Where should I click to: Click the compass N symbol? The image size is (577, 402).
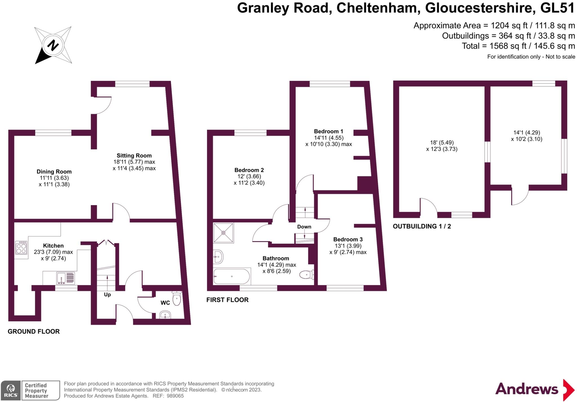point(53,45)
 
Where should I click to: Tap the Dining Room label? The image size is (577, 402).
point(54,172)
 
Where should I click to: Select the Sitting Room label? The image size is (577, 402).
point(134,156)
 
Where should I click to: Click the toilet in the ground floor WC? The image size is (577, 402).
point(177,299)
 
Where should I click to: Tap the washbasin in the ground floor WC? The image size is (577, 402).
point(165,315)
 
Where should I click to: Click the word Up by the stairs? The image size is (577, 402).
point(107,295)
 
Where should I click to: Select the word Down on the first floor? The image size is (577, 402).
point(304,227)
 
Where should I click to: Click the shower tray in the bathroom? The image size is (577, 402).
point(223,233)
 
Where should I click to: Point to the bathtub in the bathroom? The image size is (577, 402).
point(232,276)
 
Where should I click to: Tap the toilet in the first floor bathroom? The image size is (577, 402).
point(306,274)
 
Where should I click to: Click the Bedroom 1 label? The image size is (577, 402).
point(329,131)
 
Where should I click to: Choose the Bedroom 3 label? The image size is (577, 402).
point(348,239)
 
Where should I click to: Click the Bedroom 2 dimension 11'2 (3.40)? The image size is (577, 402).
point(249,183)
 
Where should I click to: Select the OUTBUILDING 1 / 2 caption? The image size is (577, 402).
point(422,226)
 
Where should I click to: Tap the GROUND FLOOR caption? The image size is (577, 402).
point(34,332)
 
